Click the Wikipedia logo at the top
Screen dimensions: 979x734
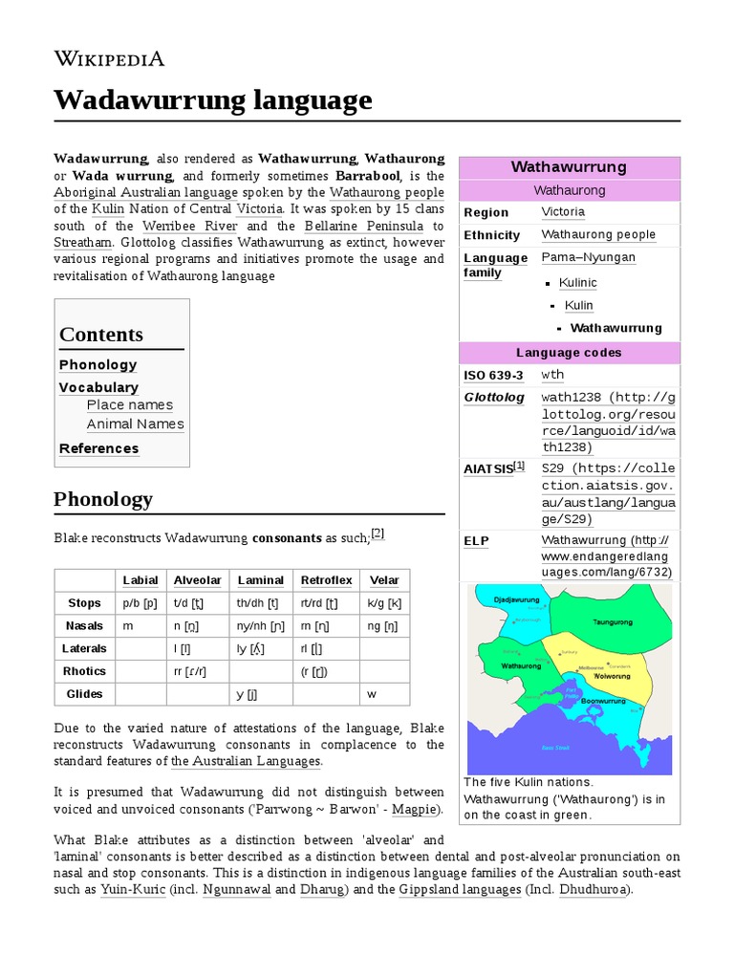(109, 59)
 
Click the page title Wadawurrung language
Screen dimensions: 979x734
(212, 99)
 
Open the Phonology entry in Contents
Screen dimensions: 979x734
(97, 364)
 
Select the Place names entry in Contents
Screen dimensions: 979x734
(129, 404)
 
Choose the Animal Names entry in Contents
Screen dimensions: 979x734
(135, 424)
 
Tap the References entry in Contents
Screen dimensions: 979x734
(98, 448)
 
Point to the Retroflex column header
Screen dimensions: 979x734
(326, 580)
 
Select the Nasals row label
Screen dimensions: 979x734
(85, 625)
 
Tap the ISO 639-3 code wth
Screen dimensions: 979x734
(552, 376)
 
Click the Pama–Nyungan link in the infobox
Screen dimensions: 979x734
(588, 258)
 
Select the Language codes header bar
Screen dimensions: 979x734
(569, 353)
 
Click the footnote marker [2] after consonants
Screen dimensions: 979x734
(378, 534)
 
